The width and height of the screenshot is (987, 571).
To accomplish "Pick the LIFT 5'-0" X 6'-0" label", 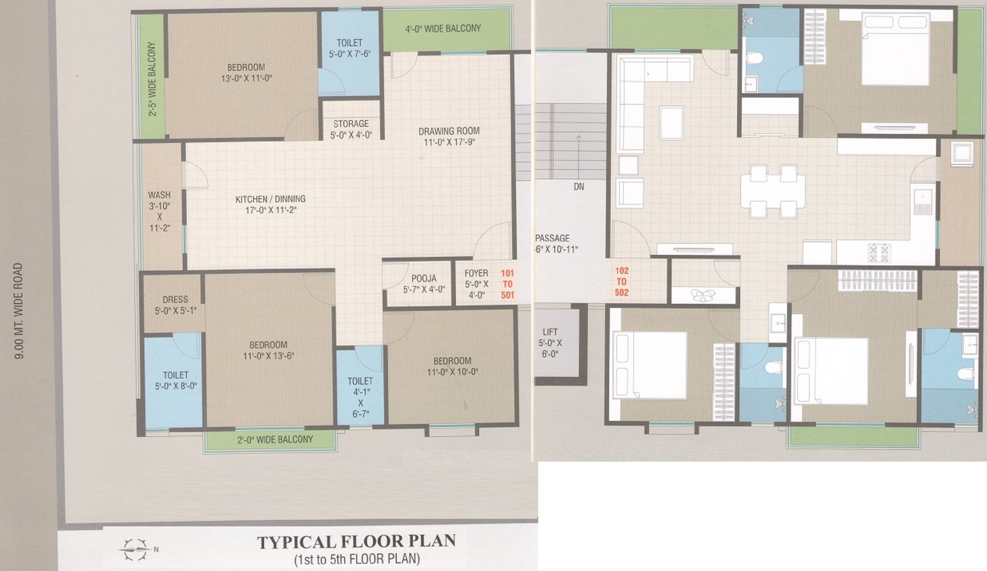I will point(550,343).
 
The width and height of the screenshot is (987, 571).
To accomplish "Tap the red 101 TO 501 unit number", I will point(507,284).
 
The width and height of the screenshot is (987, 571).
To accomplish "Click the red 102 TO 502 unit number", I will point(621,282).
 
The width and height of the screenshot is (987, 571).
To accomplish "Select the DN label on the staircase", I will point(579,187).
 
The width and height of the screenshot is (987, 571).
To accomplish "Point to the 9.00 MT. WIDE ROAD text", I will point(19,311).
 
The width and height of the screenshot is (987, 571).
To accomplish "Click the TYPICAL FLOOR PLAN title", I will point(356,542).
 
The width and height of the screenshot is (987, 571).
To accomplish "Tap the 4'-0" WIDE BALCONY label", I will point(443,28).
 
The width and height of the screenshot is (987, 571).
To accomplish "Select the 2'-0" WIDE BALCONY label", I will point(275,439).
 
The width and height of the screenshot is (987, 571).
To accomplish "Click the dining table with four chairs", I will point(773,191).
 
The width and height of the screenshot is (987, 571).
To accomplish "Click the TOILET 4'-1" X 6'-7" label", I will point(360,397).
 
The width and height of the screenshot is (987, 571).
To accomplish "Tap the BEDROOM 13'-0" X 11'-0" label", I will point(246,73).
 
